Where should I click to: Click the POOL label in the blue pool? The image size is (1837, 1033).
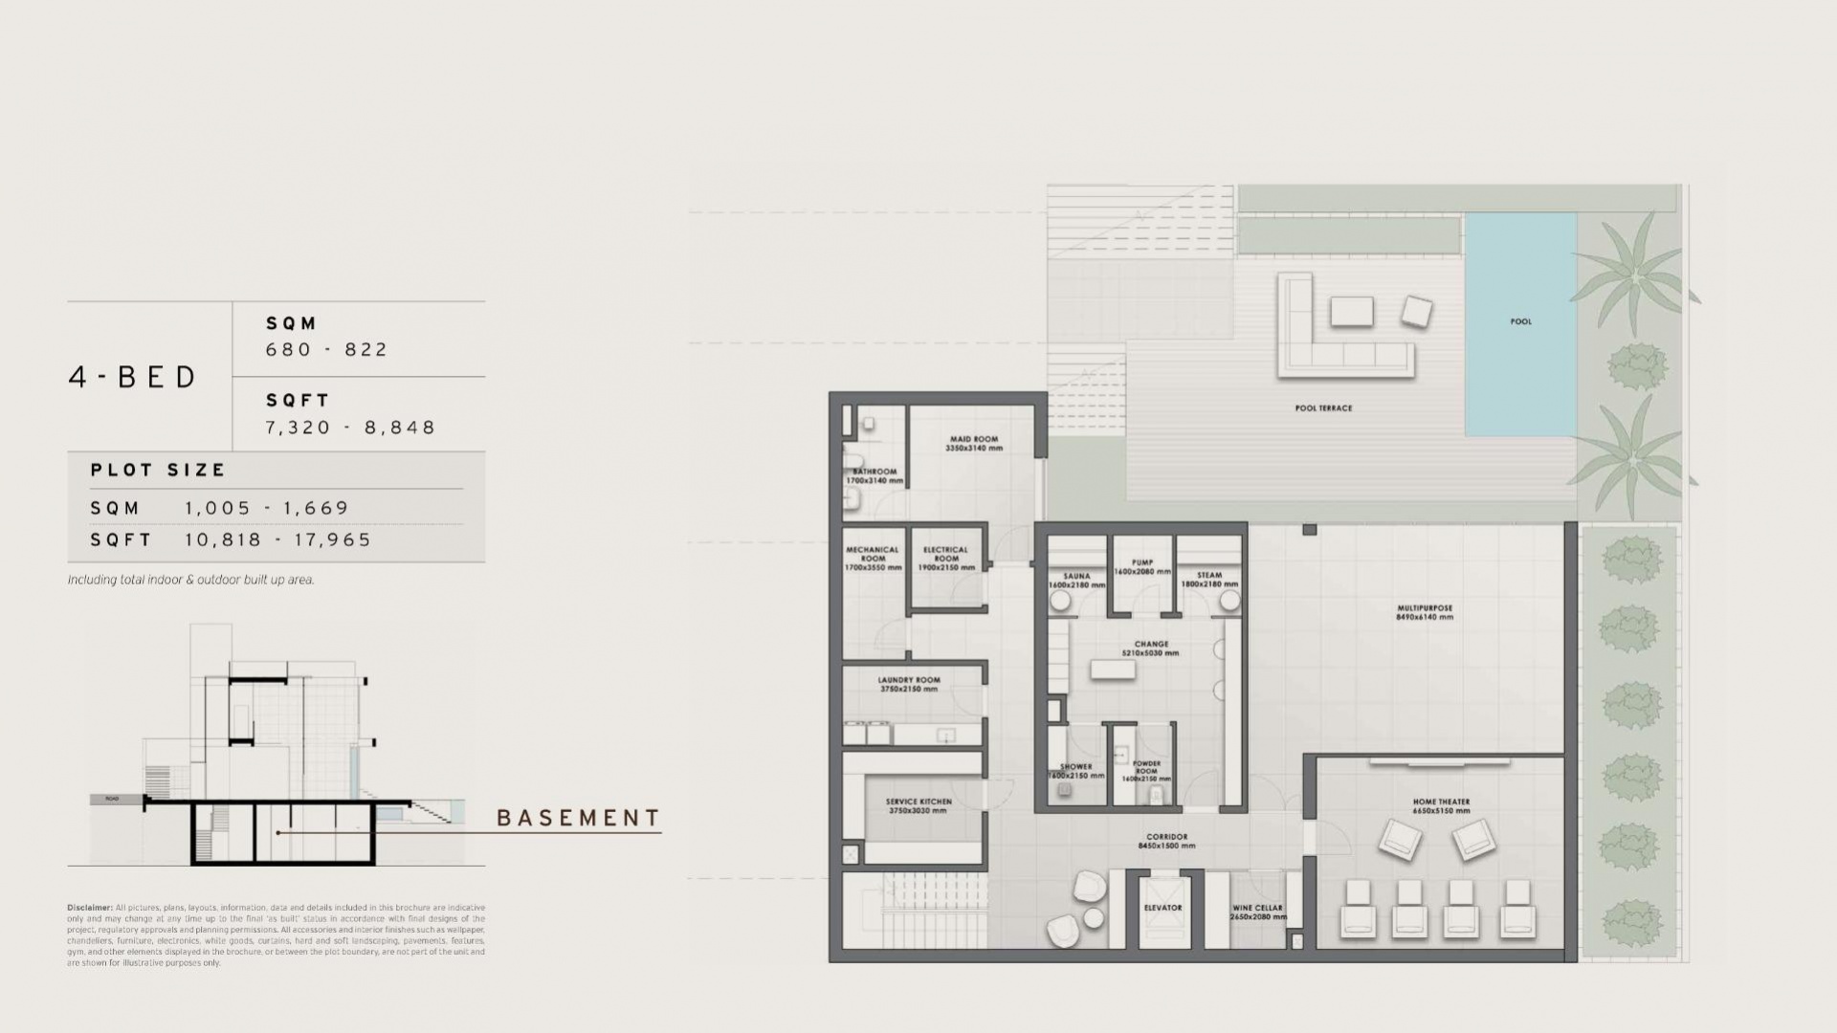coord(1520,321)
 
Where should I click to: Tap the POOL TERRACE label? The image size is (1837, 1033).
coord(1323,408)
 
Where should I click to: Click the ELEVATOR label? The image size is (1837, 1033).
coord(1162,908)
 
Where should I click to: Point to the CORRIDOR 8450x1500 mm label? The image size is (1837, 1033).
coord(1166,841)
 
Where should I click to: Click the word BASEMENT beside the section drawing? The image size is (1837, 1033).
coord(578,819)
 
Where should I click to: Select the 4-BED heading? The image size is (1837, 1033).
coord(133,377)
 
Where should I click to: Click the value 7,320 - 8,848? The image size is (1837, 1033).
coord(350,428)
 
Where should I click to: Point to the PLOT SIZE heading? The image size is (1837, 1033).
coord(158,470)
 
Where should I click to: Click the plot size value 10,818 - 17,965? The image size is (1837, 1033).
coord(277,539)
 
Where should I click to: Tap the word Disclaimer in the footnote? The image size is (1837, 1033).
coord(89,907)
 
